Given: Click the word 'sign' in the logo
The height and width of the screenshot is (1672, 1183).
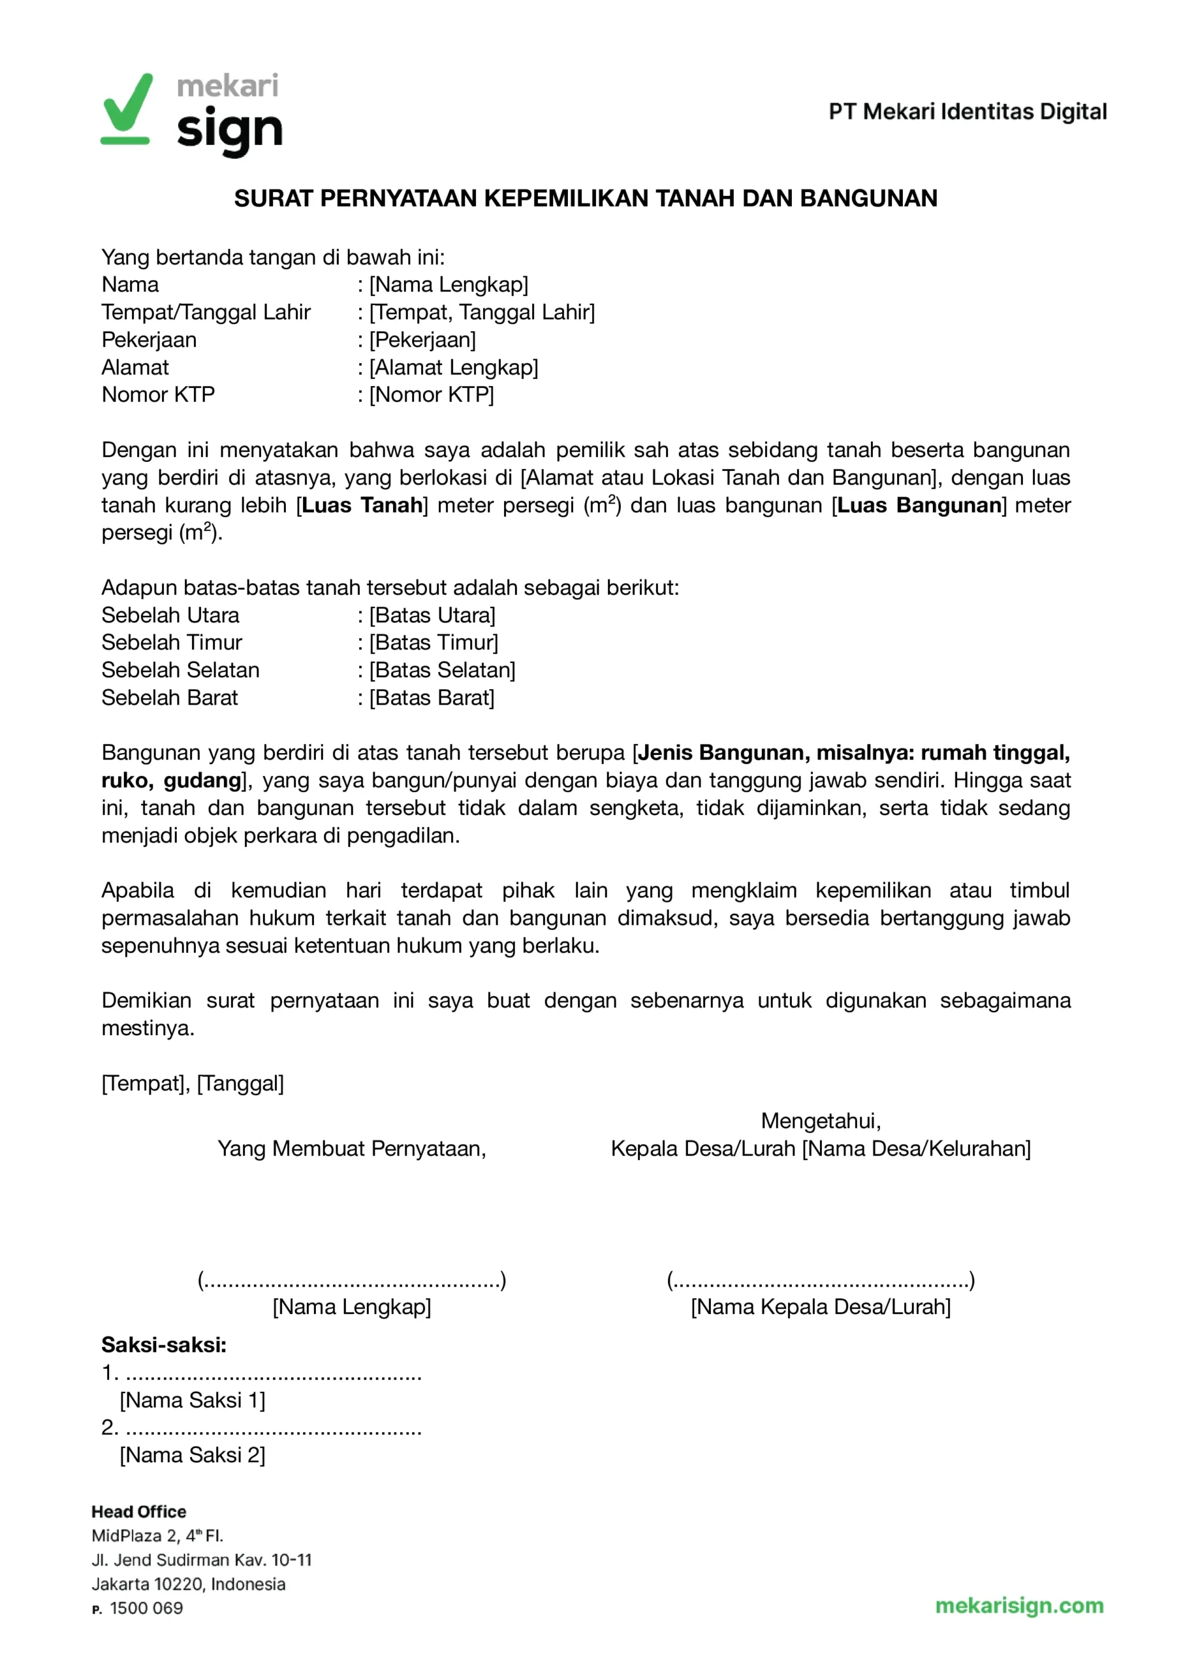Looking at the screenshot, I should pyautogui.click(x=229, y=132).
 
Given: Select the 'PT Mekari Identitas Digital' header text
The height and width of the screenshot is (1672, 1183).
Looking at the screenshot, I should pyautogui.click(x=967, y=112).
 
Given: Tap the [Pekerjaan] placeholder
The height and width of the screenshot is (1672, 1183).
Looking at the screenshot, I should pyautogui.click(x=422, y=340).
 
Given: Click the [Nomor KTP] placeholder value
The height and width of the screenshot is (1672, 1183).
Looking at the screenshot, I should pyautogui.click(x=432, y=395).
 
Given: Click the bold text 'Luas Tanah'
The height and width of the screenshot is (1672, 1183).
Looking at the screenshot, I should pyautogui.click(x=362, y=505).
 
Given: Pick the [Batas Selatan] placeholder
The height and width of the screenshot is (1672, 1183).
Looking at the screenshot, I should pyautogui.click(x=442, y=670).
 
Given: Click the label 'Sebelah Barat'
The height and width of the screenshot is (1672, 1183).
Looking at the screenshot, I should pyautogui.click(x=169, y=698).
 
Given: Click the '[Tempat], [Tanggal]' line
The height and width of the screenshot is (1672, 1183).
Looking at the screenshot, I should pyautogui.click(x=193, y=1084).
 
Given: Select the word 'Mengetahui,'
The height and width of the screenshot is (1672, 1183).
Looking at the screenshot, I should pyautogui.click(x=820, y=1121).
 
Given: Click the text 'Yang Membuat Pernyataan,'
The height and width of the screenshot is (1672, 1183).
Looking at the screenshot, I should pyautogui.click(x=351, y=1149).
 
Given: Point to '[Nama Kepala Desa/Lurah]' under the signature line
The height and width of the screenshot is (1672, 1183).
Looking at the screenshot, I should pyautogui.click(x=820, y=1307).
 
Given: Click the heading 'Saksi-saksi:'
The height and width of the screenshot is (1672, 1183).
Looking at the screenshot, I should pyautogui.click(x=163, y=1345).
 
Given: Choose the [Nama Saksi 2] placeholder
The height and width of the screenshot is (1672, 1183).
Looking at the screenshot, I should pyautogui.click(x=193, y=1456).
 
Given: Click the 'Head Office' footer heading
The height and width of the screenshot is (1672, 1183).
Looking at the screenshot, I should pyautogui.click(x=138, y=1512).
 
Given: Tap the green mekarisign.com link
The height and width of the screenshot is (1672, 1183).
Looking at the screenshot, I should pyautogui.click(x=1018, y=1605).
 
